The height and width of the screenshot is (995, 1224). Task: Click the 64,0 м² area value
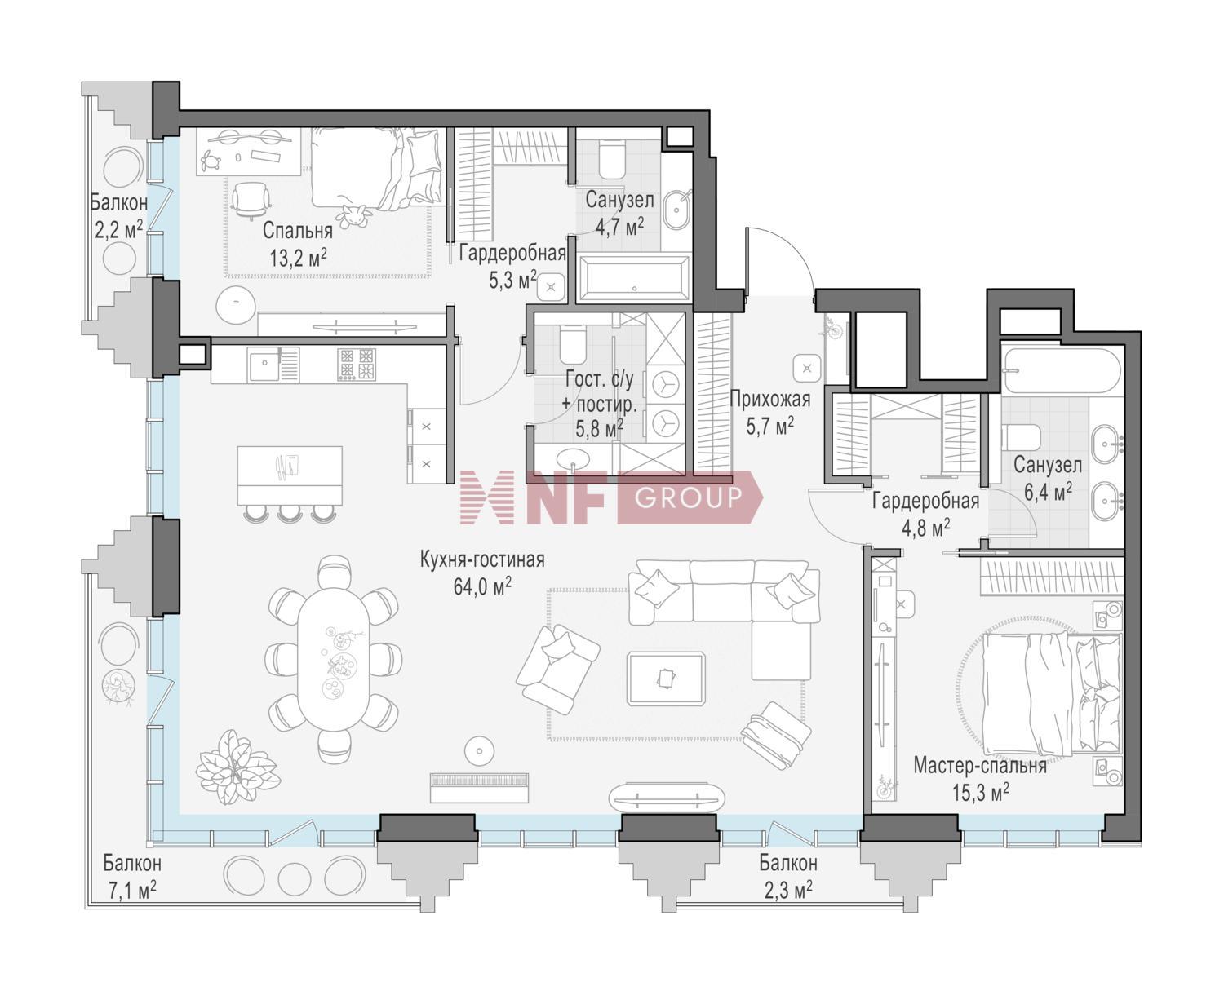coord(482,586)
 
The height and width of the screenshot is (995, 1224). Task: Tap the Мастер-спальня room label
coord(980,766)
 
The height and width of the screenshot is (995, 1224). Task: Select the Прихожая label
coord(770,399)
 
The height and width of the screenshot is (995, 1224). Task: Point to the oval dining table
coord(333,658)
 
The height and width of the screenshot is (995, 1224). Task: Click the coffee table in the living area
coord(666,679)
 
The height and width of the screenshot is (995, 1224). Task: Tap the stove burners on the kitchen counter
coord(357,364)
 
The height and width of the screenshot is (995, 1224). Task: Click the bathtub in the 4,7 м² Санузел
coord(634,278)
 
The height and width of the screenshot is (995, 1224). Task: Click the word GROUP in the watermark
coord(689,497)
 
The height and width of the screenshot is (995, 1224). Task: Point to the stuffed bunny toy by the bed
coord(355,216)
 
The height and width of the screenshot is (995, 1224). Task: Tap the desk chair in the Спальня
coord(251,199)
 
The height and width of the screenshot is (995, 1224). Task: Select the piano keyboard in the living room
coord(479,787)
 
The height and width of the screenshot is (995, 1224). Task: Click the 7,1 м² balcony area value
coord(132,891)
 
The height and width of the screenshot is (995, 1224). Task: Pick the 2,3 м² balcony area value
coord(787,890)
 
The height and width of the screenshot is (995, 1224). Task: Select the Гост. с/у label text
coord(600,379)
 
